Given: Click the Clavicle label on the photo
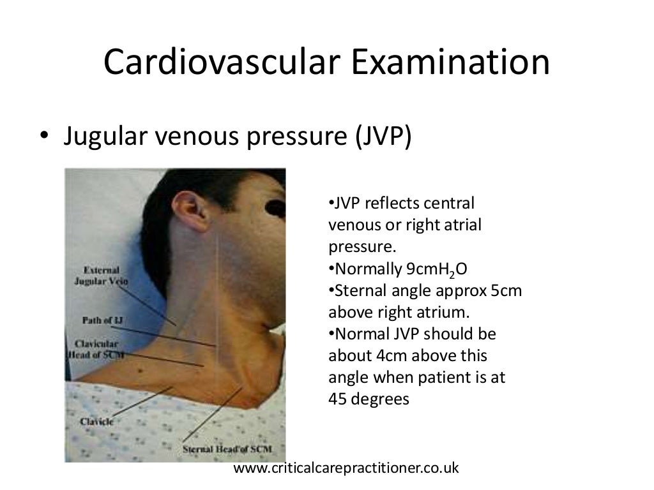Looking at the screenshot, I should pos(97,421).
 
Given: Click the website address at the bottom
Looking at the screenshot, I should pos(347,468).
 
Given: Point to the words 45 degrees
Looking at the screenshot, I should pos(369,399).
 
